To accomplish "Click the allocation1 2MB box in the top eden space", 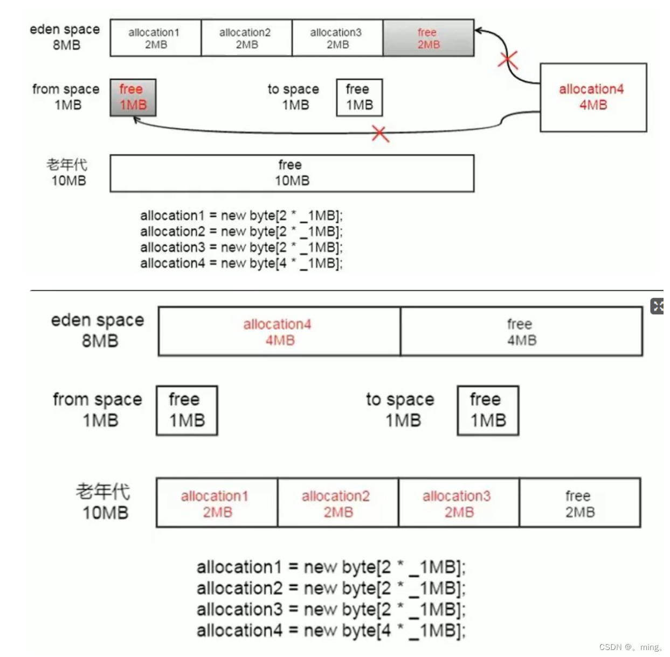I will [x=155, y=38].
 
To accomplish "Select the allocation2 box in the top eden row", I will [x=246, y=38].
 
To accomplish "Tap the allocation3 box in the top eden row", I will [x=337, y=38].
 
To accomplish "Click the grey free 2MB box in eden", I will [x=428, y=38].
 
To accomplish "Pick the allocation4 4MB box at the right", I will [x=593, y=97].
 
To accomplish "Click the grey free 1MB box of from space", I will [x=133, y=98].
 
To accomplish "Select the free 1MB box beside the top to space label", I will [x=359, y=98].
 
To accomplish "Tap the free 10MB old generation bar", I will [x=292, y=173].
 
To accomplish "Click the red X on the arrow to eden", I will [x=508, y=60].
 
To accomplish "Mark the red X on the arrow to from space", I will [x=380, y=133].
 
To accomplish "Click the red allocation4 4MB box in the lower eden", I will [x=279, y=331].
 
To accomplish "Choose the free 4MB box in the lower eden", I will [x=521, y=331].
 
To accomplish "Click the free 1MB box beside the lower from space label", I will [x=187, y=410].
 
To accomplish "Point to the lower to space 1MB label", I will [x=400, y=410].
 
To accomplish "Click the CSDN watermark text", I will [x=630, y=647].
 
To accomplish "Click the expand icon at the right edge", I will [x=658, y=306].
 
